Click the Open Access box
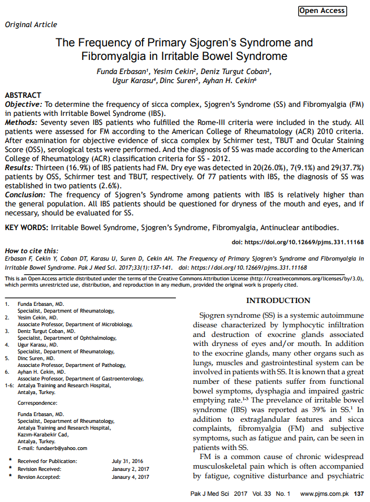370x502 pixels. pyautogui.click(x=322, y=10)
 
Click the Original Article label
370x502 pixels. pyautogui.click(x=31, y=24)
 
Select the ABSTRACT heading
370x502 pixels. pyautogui.click(x=23, y=96)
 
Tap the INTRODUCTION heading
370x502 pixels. pyautogui.click(x=278, y=300)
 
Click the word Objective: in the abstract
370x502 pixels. pyautogui.click(x=23, y=105)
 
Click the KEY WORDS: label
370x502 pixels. pyautogui.click(x=26, y=228)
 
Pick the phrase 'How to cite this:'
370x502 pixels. pyautogui.click(x=31, y=250)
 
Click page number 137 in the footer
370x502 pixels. pyautogui.click(x=359, y=494)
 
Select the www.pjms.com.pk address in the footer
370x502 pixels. pyautogui.click(x=324, y=494)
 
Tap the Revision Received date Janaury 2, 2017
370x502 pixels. pyautogui.click(x=131, y=469)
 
